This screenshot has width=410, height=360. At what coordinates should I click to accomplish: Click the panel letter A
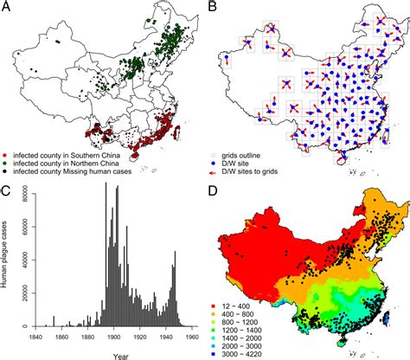coord(8,8)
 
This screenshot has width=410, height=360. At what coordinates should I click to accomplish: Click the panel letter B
coord(213,8)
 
